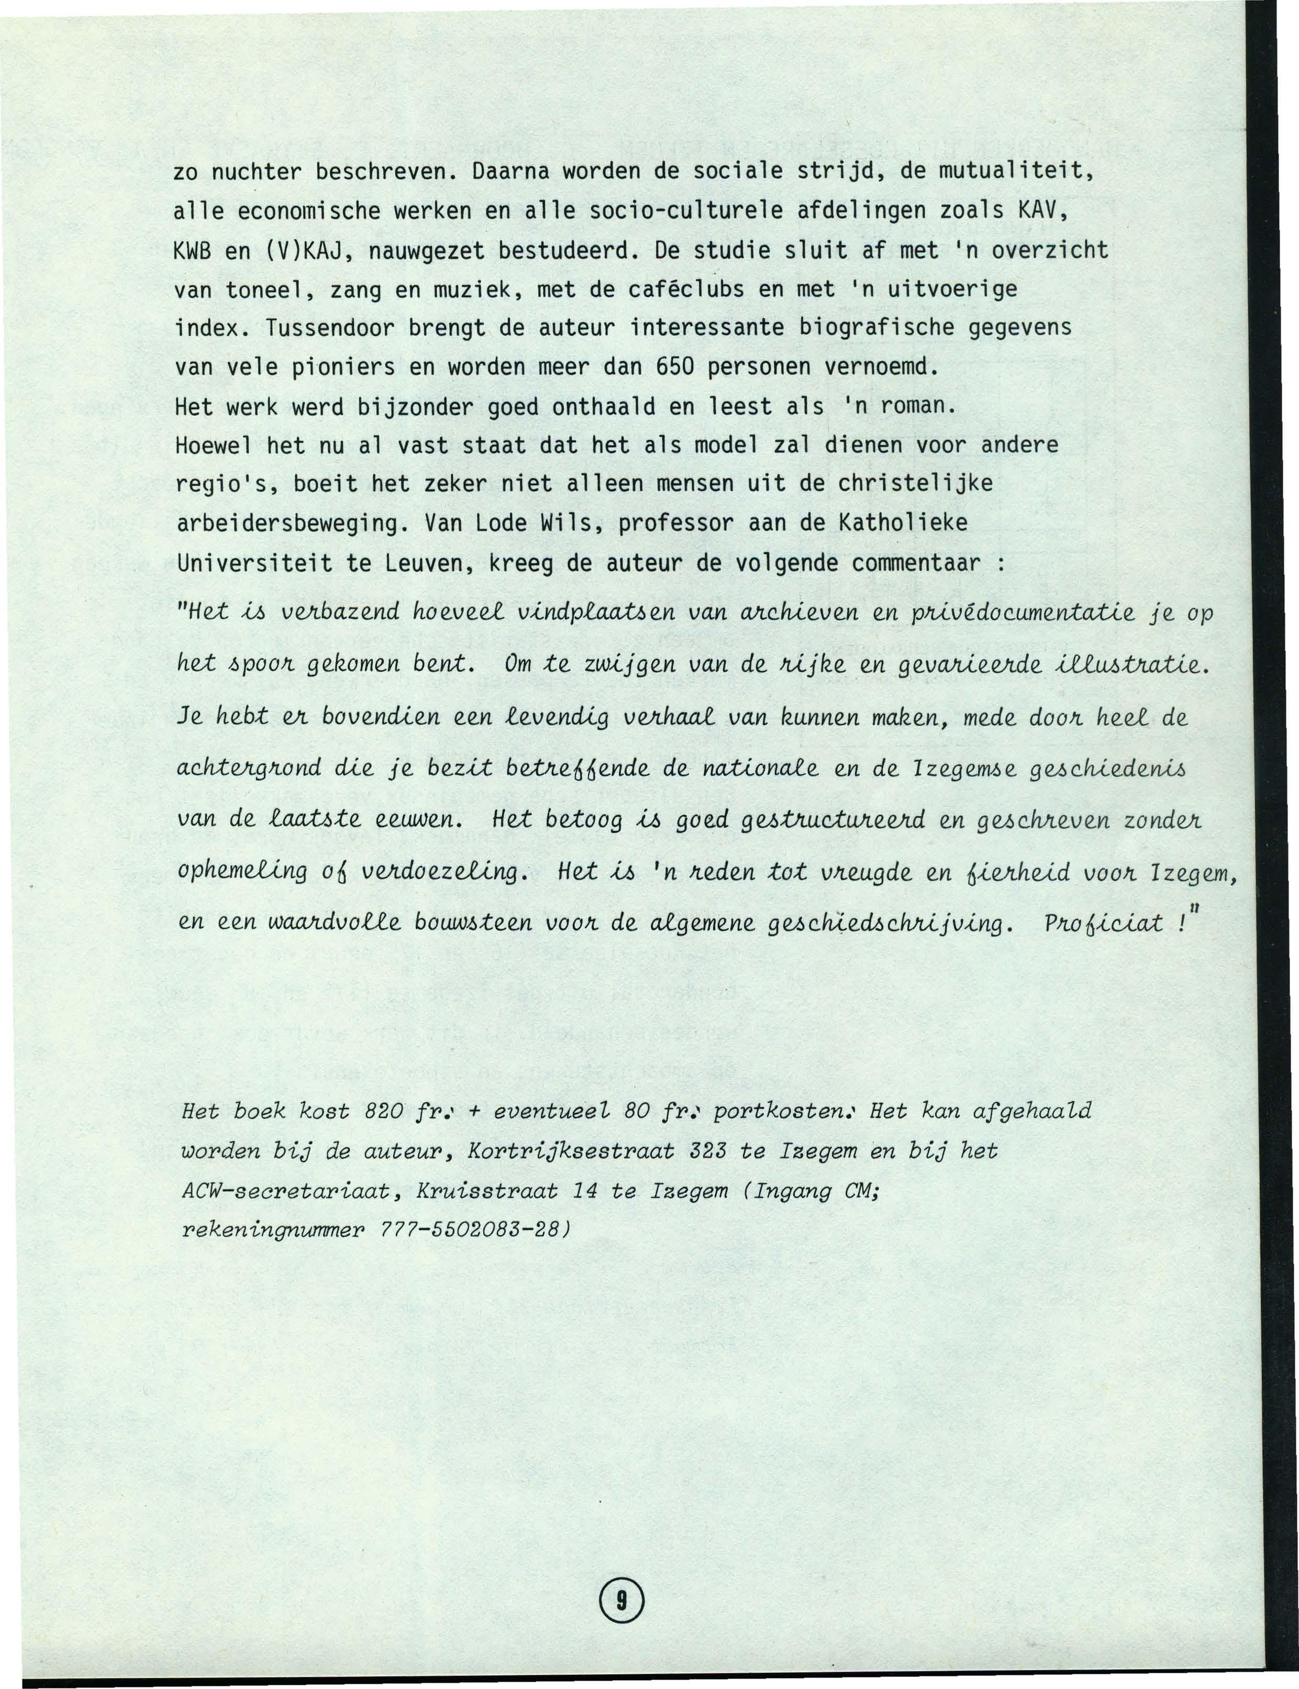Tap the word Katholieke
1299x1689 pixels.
[902, 524]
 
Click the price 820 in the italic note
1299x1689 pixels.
[384, 1112]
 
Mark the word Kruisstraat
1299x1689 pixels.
[487, 1191]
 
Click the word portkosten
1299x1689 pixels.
[782, 1112]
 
